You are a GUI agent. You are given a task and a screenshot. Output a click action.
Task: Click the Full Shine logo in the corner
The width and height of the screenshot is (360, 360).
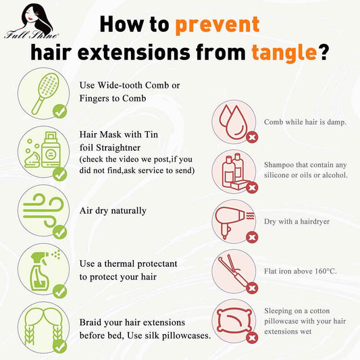[31, 22]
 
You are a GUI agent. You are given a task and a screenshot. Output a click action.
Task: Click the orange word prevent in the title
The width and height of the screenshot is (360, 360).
[217, 25]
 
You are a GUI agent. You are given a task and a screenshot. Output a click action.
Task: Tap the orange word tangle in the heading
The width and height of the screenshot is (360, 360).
[284, 53]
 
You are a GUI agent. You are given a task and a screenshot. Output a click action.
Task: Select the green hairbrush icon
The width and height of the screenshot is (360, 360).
[45, 93]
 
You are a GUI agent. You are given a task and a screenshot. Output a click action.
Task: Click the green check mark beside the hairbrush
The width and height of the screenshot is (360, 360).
[59, 111]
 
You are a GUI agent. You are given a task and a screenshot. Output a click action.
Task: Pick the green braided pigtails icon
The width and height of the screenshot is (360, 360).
[44, 326]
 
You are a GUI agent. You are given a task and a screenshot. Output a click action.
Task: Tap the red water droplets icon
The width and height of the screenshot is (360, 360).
[232, 122]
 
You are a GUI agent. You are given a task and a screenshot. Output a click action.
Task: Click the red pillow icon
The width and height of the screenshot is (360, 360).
[234, 321]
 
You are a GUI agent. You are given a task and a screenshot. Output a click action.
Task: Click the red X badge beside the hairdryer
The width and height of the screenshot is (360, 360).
[252, 237]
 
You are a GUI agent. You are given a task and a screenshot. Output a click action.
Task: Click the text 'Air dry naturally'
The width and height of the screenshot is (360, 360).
[113, 211]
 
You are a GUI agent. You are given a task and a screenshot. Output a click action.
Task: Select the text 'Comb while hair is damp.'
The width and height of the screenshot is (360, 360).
[305, 122]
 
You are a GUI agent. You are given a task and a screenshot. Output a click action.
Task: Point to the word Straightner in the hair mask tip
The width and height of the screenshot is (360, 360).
[118, 148]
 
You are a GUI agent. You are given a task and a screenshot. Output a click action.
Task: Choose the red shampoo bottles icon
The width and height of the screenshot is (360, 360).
[234, 172]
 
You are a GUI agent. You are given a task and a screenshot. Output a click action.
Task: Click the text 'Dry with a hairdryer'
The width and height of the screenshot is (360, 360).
[297, 222]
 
